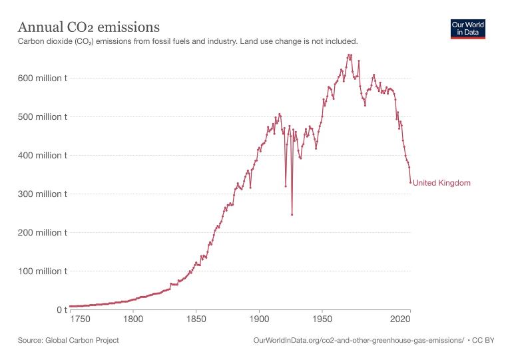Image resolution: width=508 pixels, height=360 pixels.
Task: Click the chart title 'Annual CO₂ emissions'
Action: [x=88, y=27]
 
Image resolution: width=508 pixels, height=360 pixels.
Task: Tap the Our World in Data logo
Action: [x=468, y=29]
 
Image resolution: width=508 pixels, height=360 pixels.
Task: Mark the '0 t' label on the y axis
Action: [x=58, y=310]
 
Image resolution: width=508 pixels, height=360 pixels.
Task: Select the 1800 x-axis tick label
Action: [x=133, y=319]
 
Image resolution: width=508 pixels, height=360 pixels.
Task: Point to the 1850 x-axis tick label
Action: [x=196, y=319]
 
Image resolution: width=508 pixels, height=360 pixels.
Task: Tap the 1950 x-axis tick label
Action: [x=322, y=319]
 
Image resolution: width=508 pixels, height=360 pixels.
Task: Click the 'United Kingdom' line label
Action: [x=441, y=183]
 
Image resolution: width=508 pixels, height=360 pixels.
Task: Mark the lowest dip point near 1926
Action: [x=292, y=214]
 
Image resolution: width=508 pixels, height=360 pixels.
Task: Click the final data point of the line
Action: [x=410, y=182]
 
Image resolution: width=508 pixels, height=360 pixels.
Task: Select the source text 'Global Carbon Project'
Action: [x=83, y=341]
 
